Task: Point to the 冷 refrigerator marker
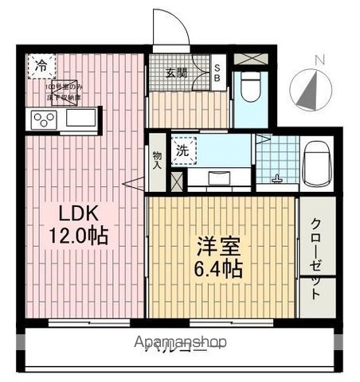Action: pos(39,67)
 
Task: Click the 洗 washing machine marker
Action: pos(183,148)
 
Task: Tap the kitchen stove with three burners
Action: pos(43,119)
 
